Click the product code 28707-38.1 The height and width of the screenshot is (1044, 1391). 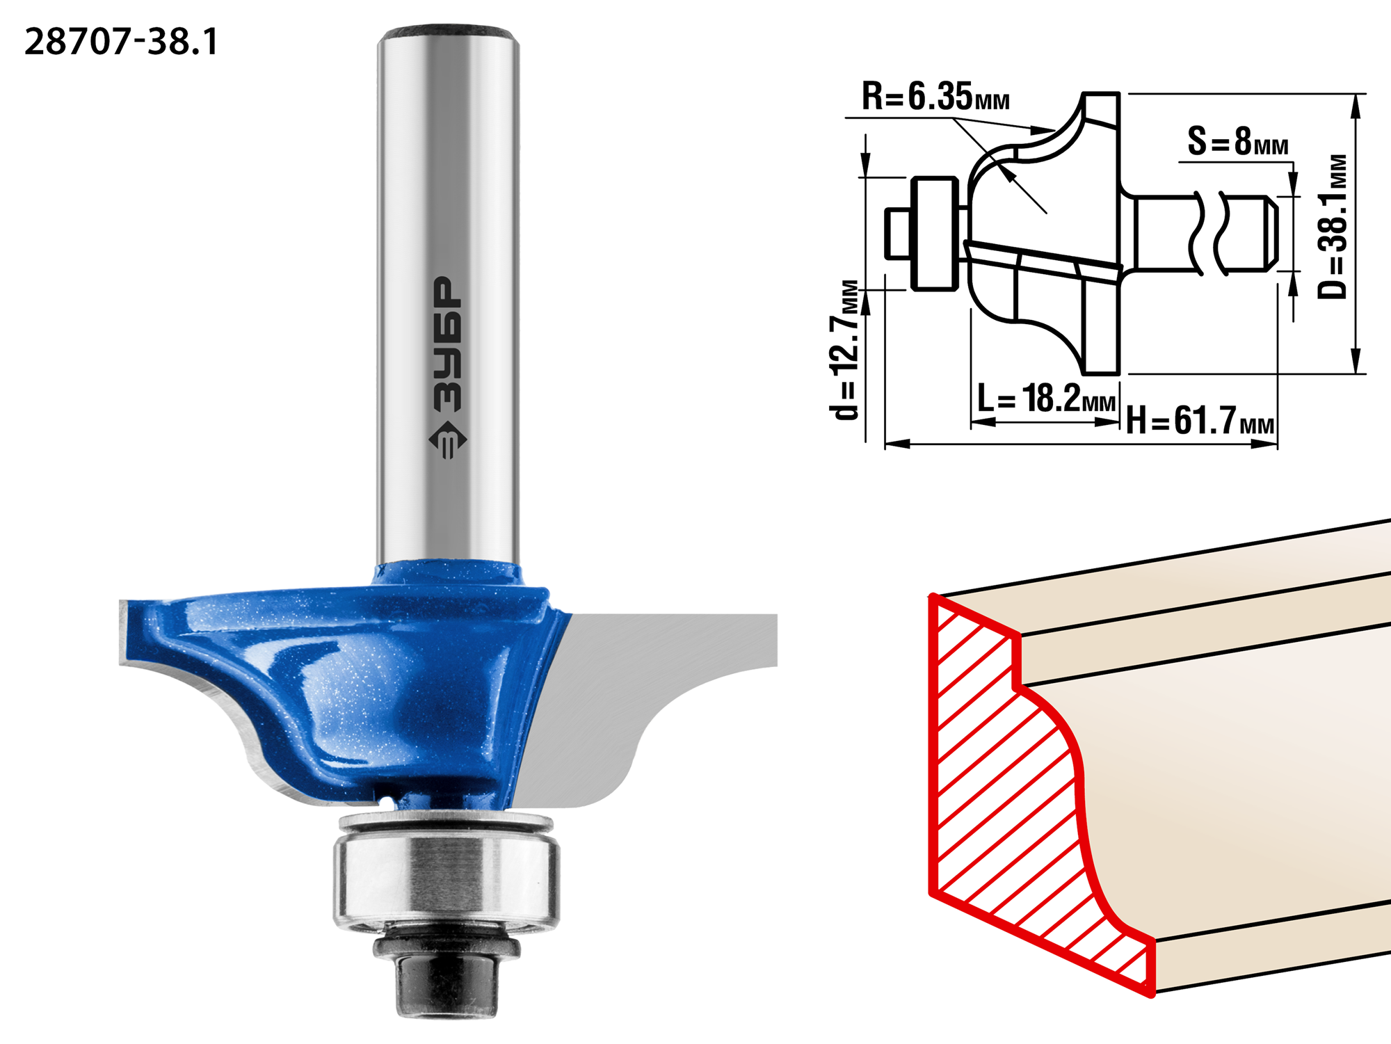click(x=121, y=42)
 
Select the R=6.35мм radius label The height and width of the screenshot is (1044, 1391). click(x=935, y=96)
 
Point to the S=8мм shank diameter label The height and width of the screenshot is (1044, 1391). click(x=1237, y=141)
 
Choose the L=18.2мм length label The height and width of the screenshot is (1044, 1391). click(x=1046, y=399)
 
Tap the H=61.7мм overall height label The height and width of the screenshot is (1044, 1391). click(x=1200, y=420)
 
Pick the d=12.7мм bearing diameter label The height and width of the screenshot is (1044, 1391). click(x=846, y=350)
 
